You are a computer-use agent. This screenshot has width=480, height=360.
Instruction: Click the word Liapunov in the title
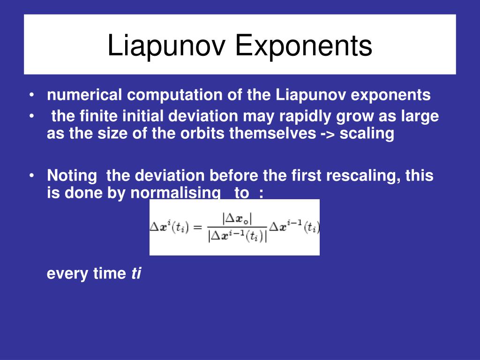166,45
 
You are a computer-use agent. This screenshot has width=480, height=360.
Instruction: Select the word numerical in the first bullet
84,95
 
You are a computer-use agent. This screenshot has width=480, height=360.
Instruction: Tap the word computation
175,95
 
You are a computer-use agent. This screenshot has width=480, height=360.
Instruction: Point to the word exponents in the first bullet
390,95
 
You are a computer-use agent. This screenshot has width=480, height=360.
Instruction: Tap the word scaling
367,134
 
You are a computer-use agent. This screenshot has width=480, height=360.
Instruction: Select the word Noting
72,176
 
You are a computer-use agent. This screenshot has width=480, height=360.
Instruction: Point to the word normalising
175,193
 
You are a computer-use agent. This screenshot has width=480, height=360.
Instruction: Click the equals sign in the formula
198,227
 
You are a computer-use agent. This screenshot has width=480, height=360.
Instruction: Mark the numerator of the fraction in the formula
237,219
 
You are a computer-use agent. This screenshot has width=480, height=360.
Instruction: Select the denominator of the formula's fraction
237,236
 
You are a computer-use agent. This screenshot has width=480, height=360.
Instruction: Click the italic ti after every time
136,273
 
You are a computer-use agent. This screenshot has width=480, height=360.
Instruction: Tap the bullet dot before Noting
31,176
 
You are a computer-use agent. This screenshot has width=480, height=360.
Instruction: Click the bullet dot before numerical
31,95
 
